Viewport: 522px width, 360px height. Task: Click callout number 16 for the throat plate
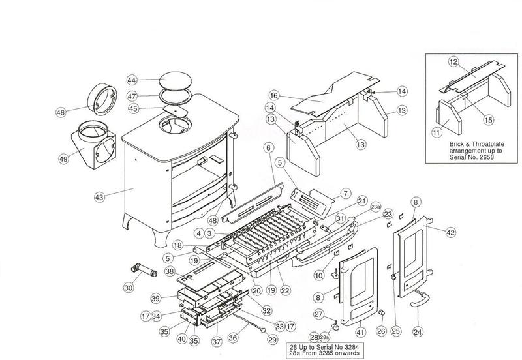coord(274,96)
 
